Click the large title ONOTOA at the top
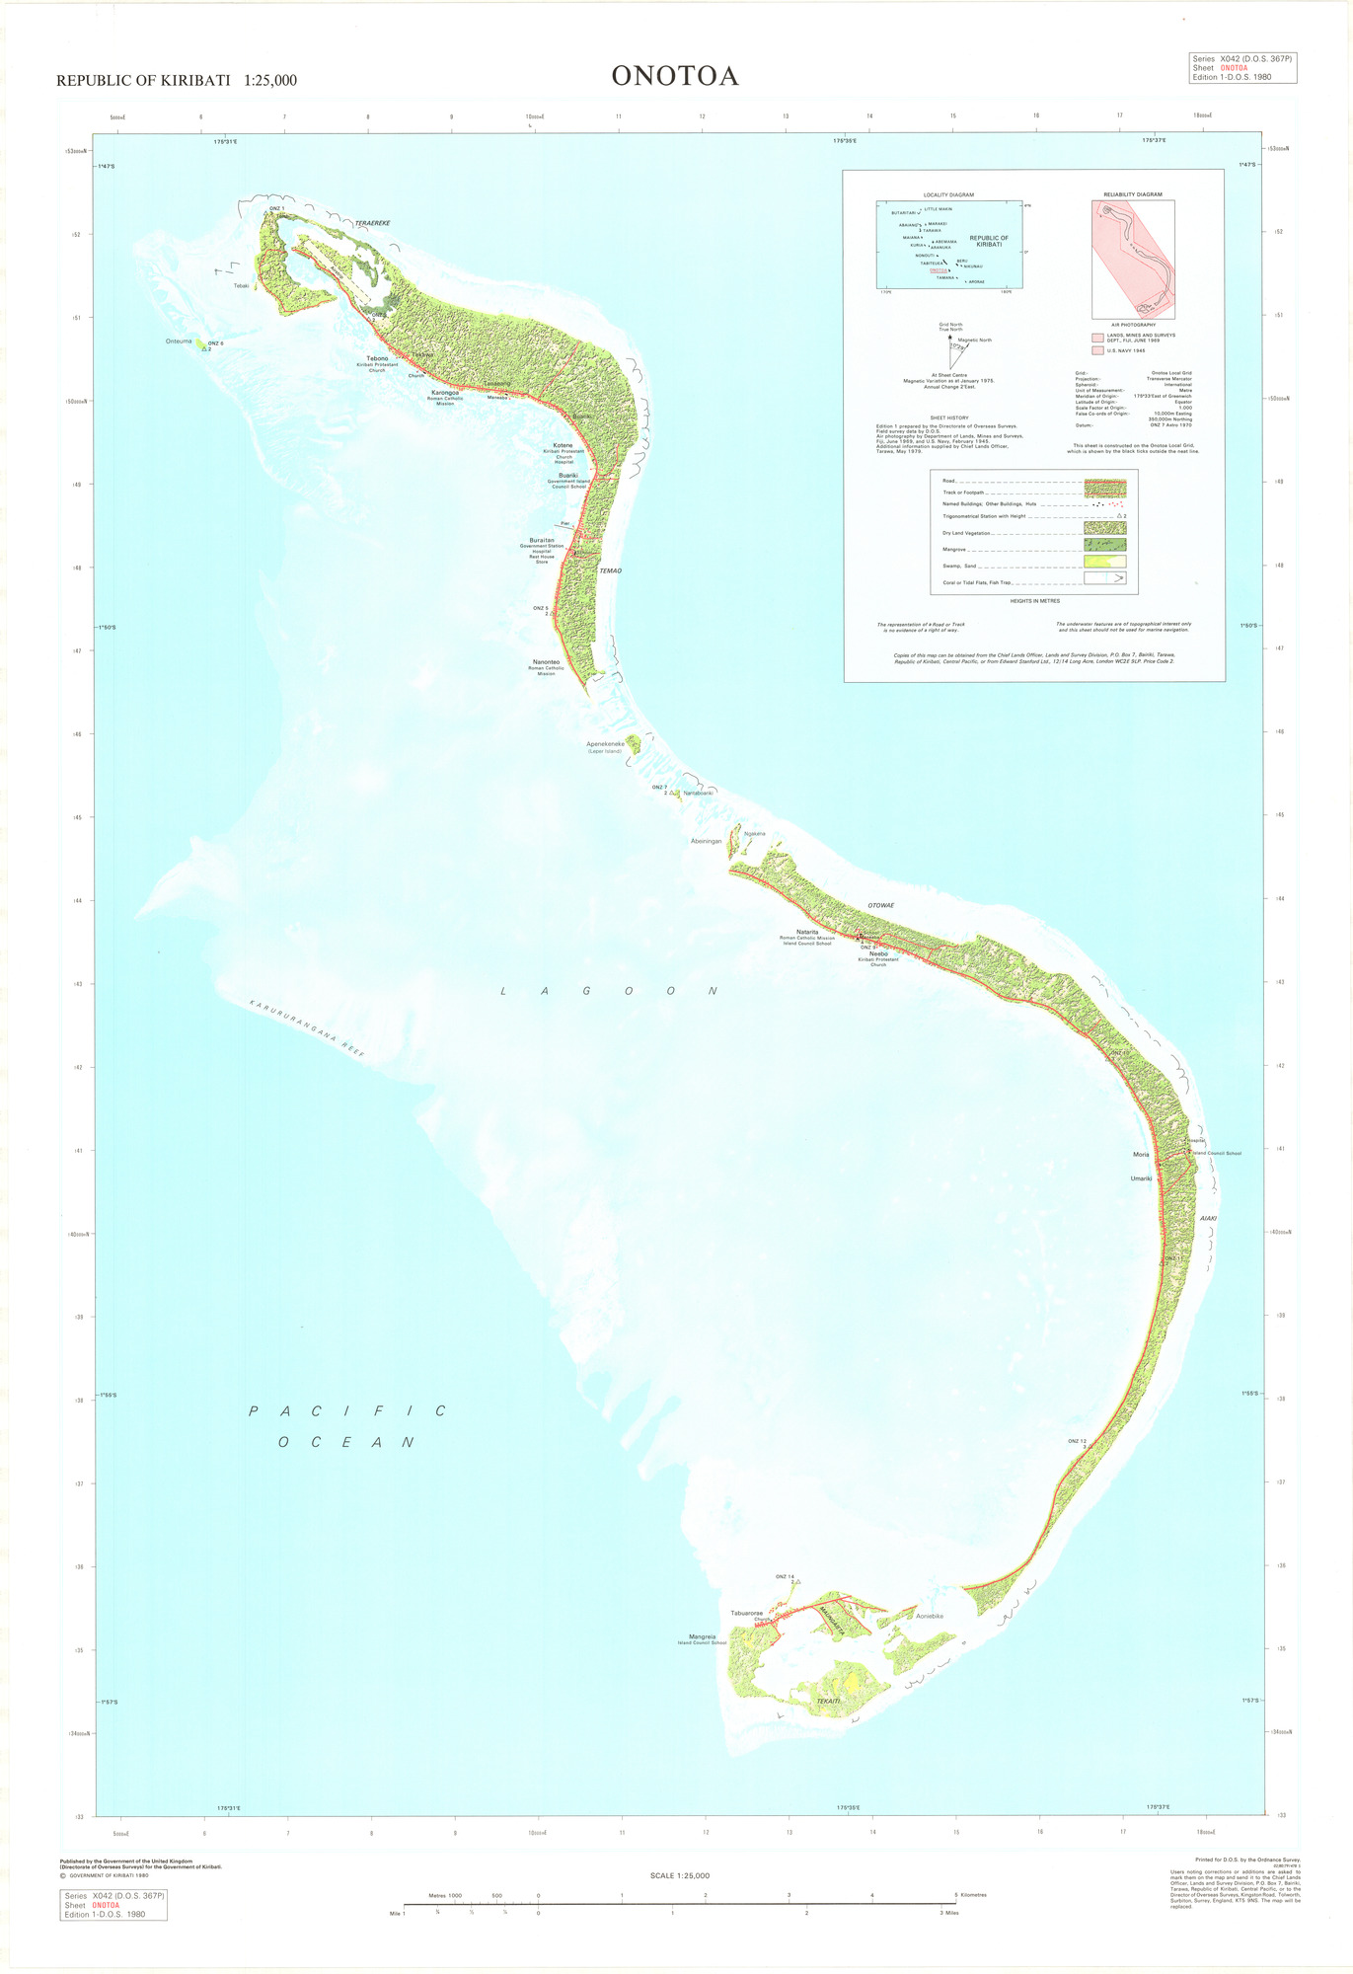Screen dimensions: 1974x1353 pos(675,76)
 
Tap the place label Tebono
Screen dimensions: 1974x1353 pos(377,358)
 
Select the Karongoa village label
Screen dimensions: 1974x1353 pos(445,393)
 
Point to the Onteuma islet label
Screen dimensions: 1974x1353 pos(179,342)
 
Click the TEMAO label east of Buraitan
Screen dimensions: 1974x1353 pos(611,570)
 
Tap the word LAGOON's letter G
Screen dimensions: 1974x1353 pos(586,990)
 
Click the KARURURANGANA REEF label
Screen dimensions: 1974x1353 pos(307,1028)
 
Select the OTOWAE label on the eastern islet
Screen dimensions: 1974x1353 pos(880,905)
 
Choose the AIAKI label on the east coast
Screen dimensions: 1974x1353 pos(1208,1218)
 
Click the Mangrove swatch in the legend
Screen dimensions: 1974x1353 pos(1104,545)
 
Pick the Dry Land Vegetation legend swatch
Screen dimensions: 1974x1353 pos(1104,528)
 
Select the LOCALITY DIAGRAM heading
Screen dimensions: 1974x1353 pos(948,194)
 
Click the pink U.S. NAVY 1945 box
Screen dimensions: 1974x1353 pos(1097,350)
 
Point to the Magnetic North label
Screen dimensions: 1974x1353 pos(974,340)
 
